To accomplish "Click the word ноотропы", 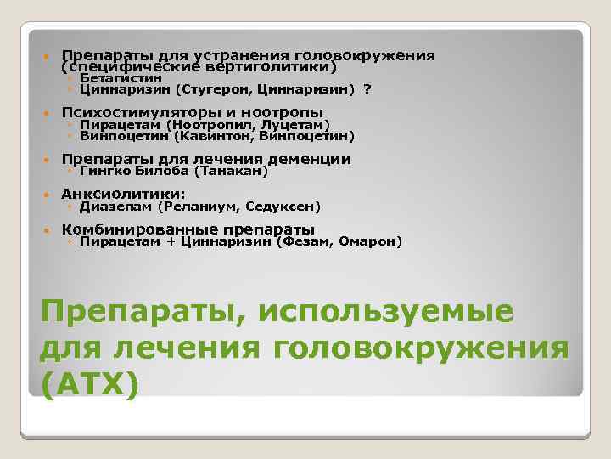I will (283, 112).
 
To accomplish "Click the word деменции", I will (309, 159).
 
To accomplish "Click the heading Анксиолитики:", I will (123, 194).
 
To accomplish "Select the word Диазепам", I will (114, 206).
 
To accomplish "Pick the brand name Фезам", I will (305, 241).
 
